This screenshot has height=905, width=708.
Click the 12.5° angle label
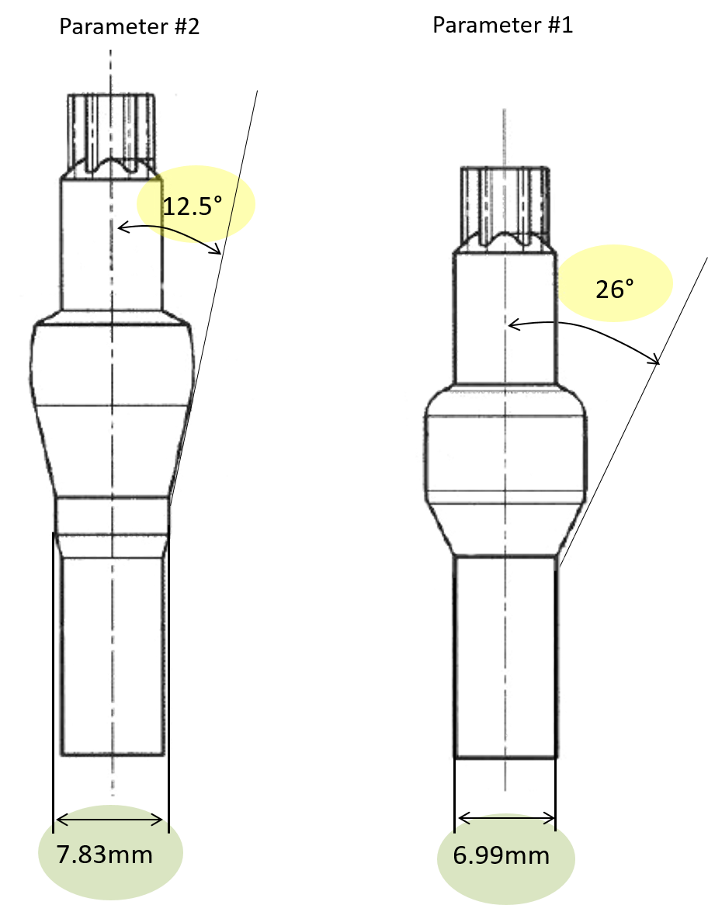[x=192, y=206]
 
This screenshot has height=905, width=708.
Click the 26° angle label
[x=614, y=290]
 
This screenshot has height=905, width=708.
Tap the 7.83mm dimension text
[x=104, y=855]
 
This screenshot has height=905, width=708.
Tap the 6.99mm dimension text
[x=501, y=856]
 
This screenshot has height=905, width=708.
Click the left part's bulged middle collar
[x=113, y=365]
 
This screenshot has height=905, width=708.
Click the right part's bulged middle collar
[x=506, y=454]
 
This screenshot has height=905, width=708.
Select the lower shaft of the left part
[x=113, y=652]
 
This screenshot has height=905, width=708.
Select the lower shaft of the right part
[x=507, y=656]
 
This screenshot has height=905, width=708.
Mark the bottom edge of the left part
[x=113, y=754]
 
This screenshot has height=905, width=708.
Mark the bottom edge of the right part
[x=507, y=758]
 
